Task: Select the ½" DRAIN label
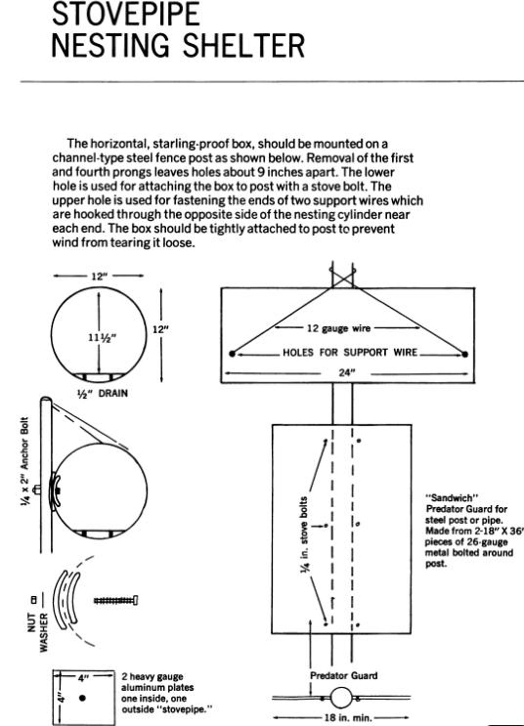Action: (x=102, y=393)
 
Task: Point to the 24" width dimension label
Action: (x=346, y=373)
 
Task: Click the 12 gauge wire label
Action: (x=339, y=328)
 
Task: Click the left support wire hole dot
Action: (x=232, y=354)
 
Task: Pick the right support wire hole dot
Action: (x=465, y=354)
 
